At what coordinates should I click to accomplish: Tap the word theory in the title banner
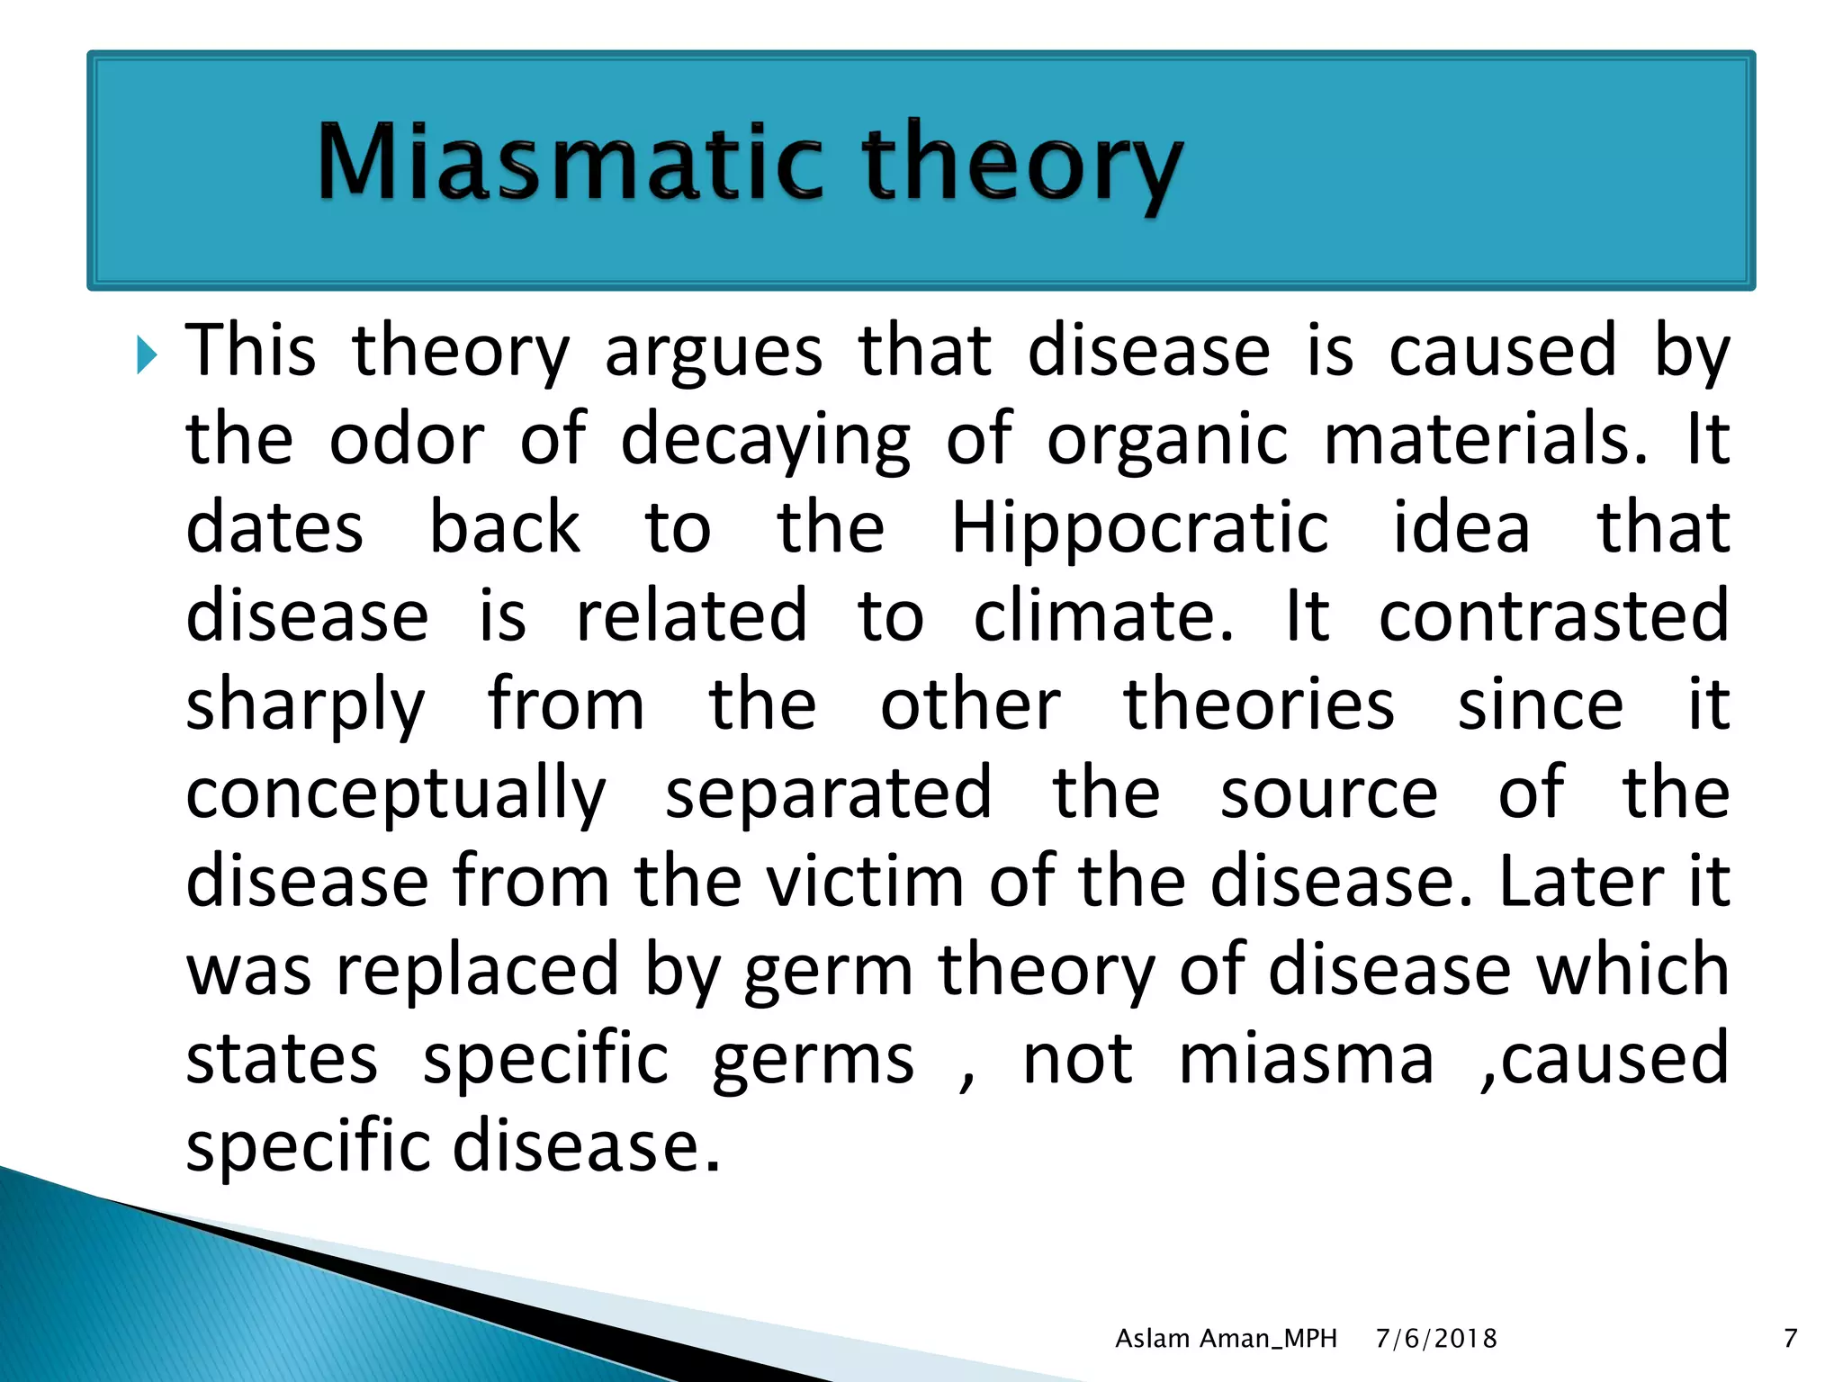pyautogui.click(x=1021, y=166)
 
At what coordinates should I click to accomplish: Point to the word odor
pyautogui.click(x=407, y=439)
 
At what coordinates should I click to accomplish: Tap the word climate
pyautogui.click(x=1103, y=616)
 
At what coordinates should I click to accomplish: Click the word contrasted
pyautogui.click(x=1553, y=616)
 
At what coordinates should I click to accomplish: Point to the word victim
pyautogui.click(x=865, y=881)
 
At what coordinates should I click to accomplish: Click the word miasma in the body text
pyautogui.click(x=1306, y=1060)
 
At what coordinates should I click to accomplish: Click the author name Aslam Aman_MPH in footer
pyautogui.click(x=1226, y=1339)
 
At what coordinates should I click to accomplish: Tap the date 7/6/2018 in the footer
pyautogui.click(x=1436, y=1339)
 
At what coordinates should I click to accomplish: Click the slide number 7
pyautogui.click(x=1790, y=1339)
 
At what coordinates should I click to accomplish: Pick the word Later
pyautogui.click(x=1580, y=881)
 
